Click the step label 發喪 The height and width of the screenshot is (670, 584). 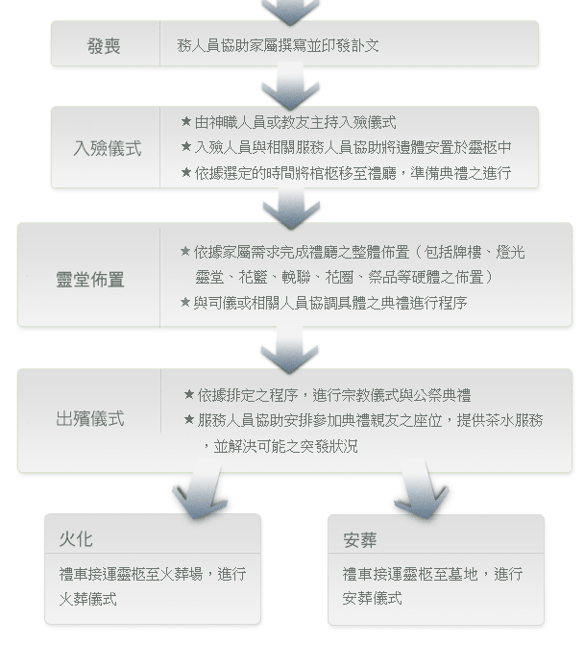tap(104, 46)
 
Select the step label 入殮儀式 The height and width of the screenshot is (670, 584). tap(108, 148)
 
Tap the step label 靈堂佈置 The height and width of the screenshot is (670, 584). tap(90, 279)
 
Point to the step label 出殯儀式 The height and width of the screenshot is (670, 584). tap(90, 418)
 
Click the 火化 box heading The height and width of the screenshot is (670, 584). tap(76, 539)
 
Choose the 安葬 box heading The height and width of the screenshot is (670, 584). tap(360, 540)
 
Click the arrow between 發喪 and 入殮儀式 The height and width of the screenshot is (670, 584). tap(290, 87)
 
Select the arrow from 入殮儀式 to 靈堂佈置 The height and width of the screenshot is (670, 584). tap(291, 208)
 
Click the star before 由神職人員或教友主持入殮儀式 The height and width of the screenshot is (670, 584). tap(185, 122)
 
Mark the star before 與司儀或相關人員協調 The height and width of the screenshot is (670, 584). tap(184, 302)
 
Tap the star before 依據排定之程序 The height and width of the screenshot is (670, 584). tap(188, 394)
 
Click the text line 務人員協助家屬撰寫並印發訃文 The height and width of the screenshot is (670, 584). tap(278, 45)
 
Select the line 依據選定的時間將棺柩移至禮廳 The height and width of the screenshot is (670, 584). tap(296, 173)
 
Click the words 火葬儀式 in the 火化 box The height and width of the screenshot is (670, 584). tap(88, 599)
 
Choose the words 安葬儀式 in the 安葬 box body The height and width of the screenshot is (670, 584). tap(372, 598)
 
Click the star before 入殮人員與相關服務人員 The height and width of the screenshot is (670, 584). tap(185, 146)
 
